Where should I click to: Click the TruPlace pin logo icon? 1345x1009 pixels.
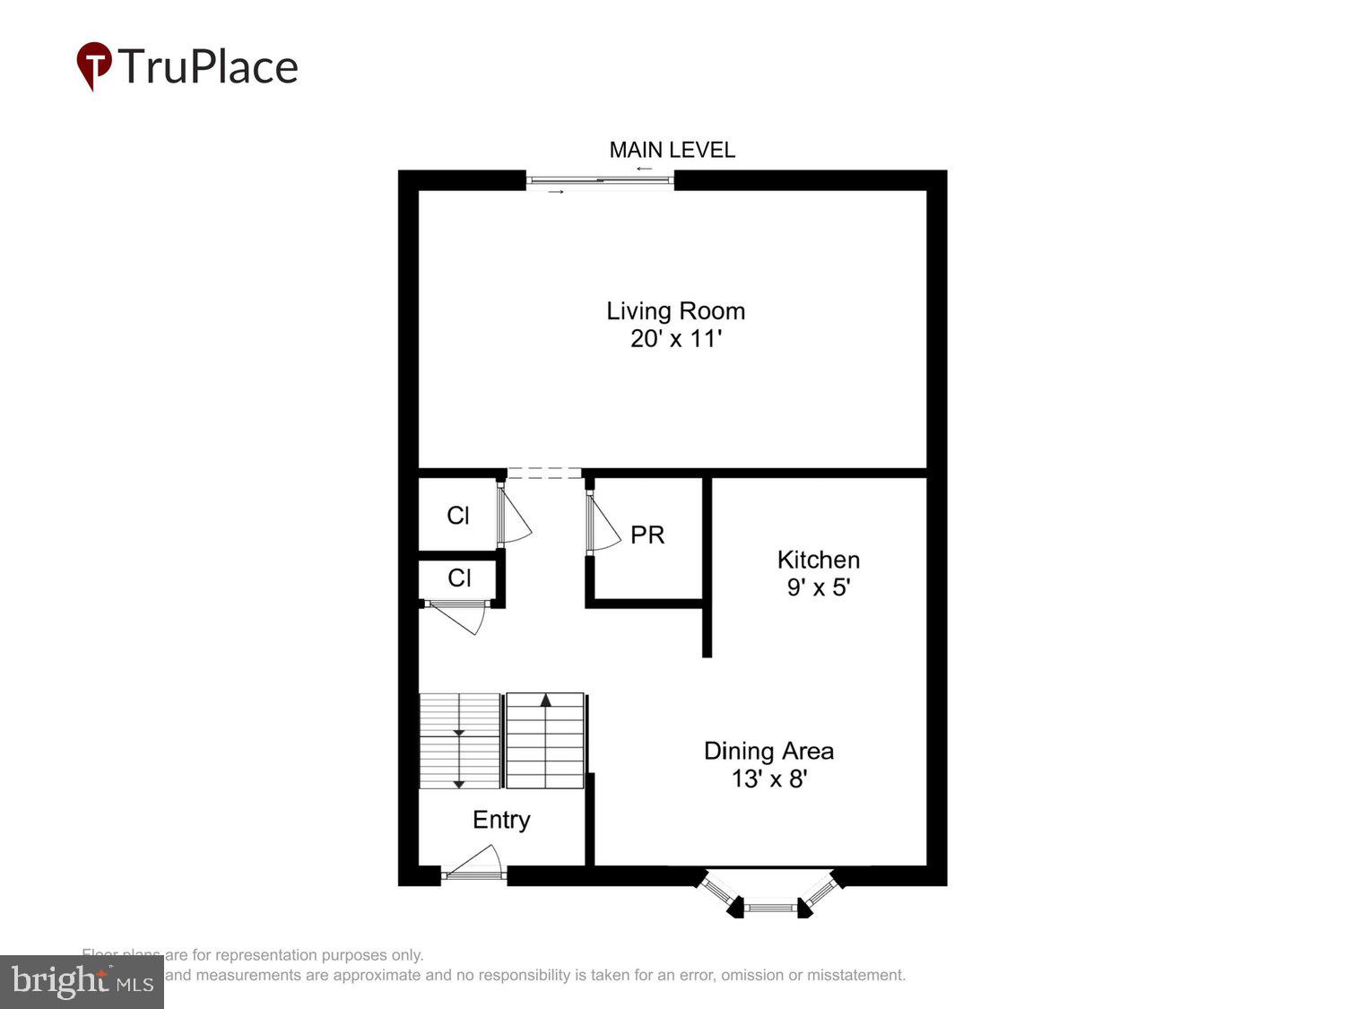[x=93, y=65]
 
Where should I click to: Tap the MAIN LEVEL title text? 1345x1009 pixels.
[x=672, y=150]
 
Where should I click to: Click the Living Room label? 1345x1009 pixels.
[x=675, y=310]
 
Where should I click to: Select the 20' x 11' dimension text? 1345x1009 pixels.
[x=675, y=339]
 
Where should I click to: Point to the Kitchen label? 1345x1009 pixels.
[x=818, y=560]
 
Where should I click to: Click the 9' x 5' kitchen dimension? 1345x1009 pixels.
[x=818, y=587]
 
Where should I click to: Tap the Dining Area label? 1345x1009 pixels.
[x=768, y=751]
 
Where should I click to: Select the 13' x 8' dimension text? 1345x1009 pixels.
[x=768, y=778]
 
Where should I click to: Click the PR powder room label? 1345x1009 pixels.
[x=647, y=535]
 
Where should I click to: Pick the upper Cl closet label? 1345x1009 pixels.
[x=458, y=516]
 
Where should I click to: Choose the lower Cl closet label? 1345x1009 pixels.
[x=459, y=578]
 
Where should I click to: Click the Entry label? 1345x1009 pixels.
[x=501, y=820]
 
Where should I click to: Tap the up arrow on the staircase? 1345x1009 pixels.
[x=544, y=701]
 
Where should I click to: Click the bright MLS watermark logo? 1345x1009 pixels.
[x=82, y=981]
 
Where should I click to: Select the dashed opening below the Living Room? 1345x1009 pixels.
[x=544, y=473]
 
